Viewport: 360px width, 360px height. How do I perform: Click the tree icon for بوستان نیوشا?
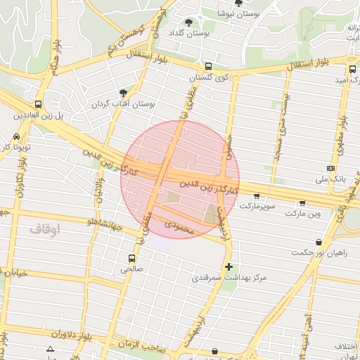click(238, 3)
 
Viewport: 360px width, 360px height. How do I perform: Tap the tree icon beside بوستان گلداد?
click(188, 22)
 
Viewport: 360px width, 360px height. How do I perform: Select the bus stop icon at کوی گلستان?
click(209, 67)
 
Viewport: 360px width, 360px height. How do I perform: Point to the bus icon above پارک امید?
click(352, 69)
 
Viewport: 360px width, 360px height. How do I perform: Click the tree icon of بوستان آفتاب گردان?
click(124, 93)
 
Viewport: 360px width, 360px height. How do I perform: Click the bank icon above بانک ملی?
click(330, 168)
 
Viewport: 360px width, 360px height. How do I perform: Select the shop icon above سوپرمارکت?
click(256, 196)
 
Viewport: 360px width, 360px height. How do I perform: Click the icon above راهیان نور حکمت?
click(319, 242)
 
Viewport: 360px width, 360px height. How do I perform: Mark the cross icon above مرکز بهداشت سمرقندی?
click(229, 266)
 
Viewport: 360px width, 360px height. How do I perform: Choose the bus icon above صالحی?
click(132, 257)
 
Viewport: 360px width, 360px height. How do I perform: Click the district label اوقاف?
click(46, 229)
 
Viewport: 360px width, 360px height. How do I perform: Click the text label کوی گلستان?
click(215, 77)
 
